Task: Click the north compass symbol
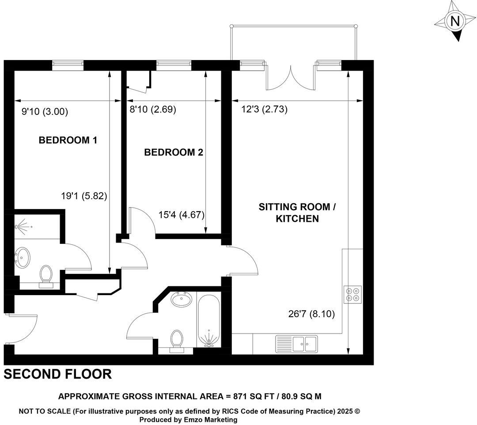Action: coord(454,21)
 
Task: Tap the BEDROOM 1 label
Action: coord(68,140)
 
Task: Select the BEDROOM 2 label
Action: coord(174,153)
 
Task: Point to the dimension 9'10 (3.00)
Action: coord(45,112)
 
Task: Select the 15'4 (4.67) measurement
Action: coord(181,215)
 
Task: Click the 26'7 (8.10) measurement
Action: coord(312,315)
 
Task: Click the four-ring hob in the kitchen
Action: coord(353,294)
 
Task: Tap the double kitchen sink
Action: coord(296,343)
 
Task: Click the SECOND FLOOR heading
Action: coord(57,375)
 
